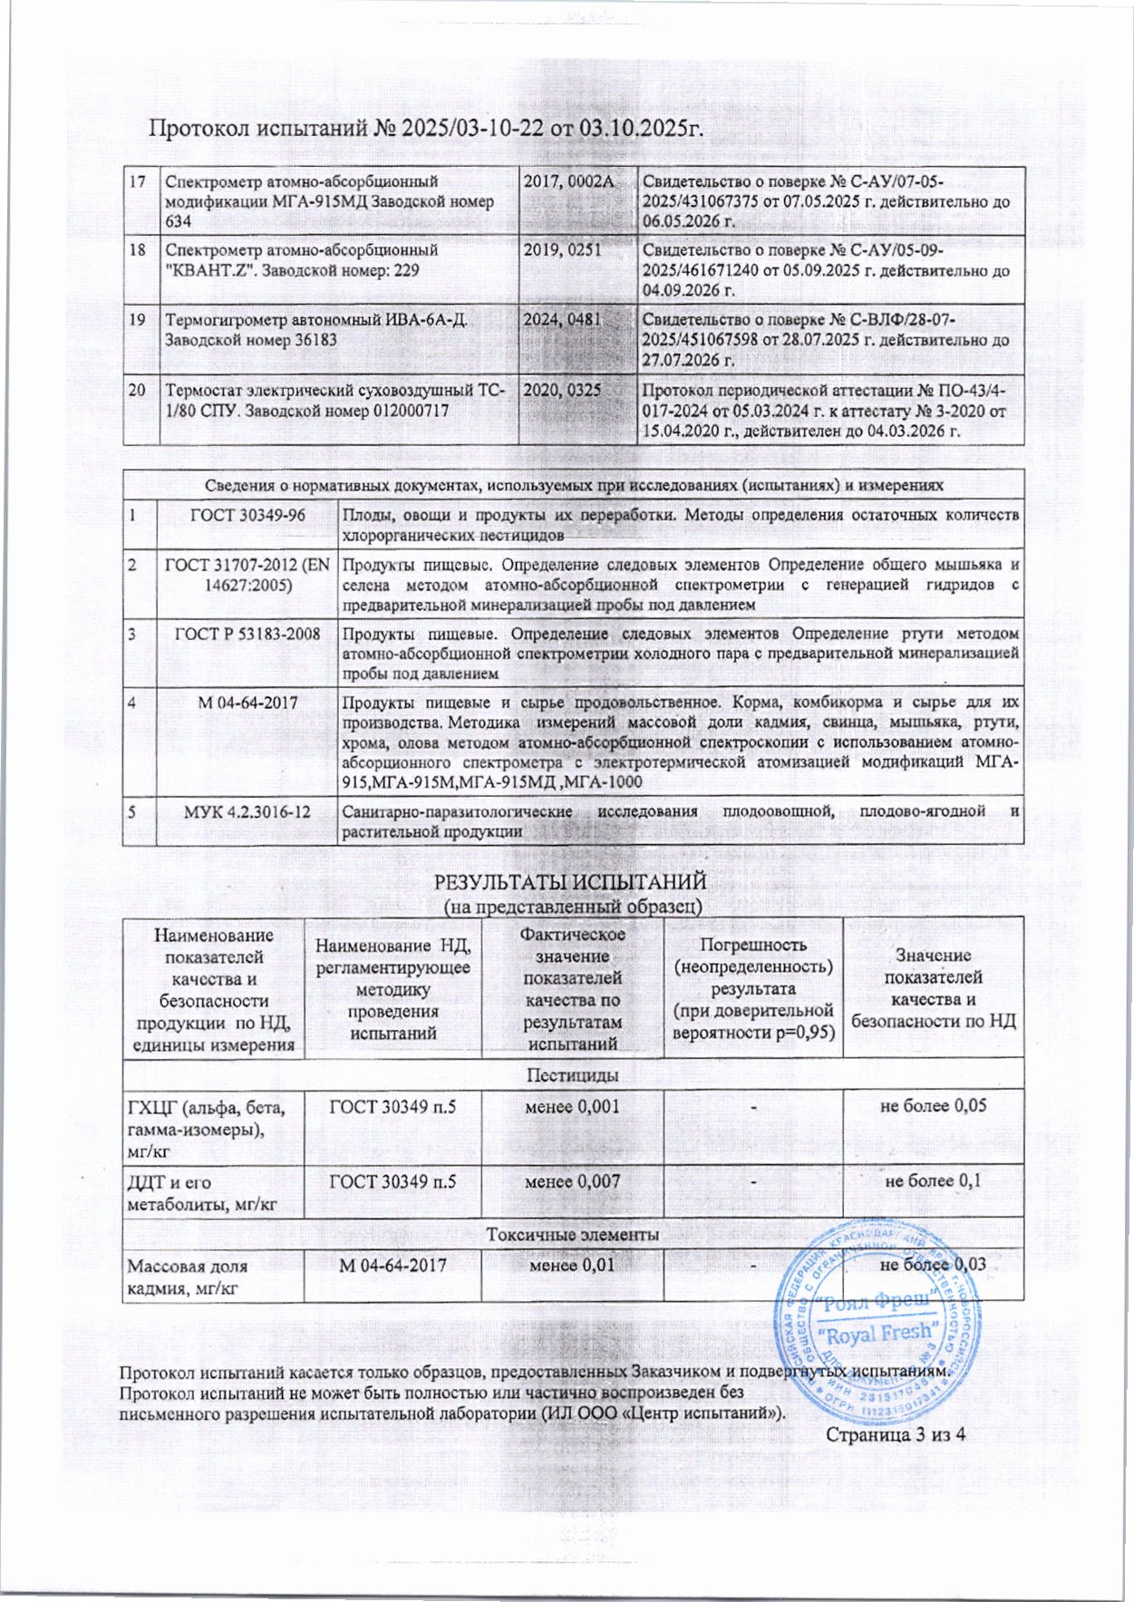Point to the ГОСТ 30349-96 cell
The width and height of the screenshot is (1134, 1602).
(x=247, y=514)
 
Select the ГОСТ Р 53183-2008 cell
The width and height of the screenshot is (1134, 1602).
(x=247, y=634)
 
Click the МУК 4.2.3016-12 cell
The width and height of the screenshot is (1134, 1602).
(x=247, y=811)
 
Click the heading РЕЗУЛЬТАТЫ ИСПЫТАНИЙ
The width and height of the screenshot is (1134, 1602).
(x=571, y=881)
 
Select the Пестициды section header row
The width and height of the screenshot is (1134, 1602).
(x=573, y=1074)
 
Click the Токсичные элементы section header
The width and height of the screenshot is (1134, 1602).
(x=573, y=1234)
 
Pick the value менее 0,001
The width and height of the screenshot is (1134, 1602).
(x=573, y=1106)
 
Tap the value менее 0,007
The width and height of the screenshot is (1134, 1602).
(x=573, y=1181)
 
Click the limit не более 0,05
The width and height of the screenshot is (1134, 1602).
(x=933, y=1105)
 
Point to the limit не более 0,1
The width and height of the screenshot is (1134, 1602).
(x=933, y=1180)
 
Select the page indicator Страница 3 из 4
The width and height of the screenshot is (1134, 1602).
(x=893, y=1433)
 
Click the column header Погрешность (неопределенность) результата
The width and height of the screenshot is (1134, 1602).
(x=752, y=986)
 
